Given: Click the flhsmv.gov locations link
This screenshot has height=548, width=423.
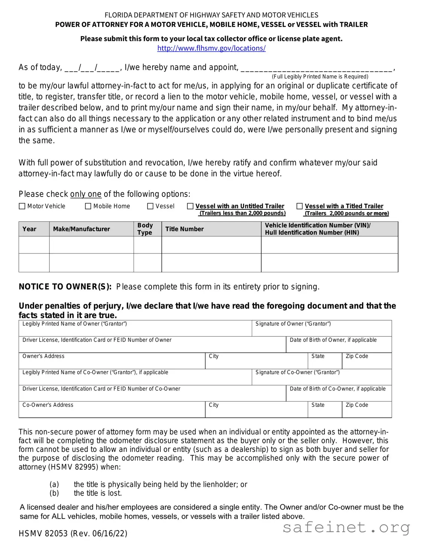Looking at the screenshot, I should pyautogui.click(x=211, y=48).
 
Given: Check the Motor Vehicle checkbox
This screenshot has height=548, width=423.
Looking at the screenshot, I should pyautogui.click(x=22, y=206).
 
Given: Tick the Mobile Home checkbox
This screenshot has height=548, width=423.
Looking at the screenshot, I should pyautogui.click(x=88, y=206).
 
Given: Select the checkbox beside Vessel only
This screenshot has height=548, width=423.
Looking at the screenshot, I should pyautogui.click(x=150, y=206).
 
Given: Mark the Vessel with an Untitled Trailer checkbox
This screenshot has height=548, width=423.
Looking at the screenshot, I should pyautogui.click(x=190, y=206).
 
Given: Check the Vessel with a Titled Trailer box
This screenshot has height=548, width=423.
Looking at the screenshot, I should pyautogui.click(x=300, y=206).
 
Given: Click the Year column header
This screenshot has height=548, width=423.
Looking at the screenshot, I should pyautogui.click(x=29, y=229).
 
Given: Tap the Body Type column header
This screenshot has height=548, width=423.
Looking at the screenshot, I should pyautogui.click(x=145, y=229).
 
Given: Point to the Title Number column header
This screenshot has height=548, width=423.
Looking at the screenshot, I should pyautogui.click(x=184, y=229).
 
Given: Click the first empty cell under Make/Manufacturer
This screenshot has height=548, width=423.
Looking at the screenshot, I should pyautogui.click(x=91, y=245).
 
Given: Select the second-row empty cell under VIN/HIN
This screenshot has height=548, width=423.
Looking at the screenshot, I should pyautogui.click(x=329, y=263).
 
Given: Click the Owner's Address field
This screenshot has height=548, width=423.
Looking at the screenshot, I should pyautogui.click(x=112, y=362).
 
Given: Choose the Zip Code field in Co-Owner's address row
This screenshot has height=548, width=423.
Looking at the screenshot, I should pyautogui.click(x=367, y=411).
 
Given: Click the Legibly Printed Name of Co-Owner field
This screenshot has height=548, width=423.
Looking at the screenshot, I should pyautogui.click(x=135, y=378).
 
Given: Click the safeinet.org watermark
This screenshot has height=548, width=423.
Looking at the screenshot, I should pyautogui.click(x=346, y=528).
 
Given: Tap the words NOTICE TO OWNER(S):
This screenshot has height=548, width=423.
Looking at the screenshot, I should pyautogui.click(x=65, y=287).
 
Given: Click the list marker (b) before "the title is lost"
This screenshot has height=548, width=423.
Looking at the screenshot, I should pyautogui.click(x=54, y=493).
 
